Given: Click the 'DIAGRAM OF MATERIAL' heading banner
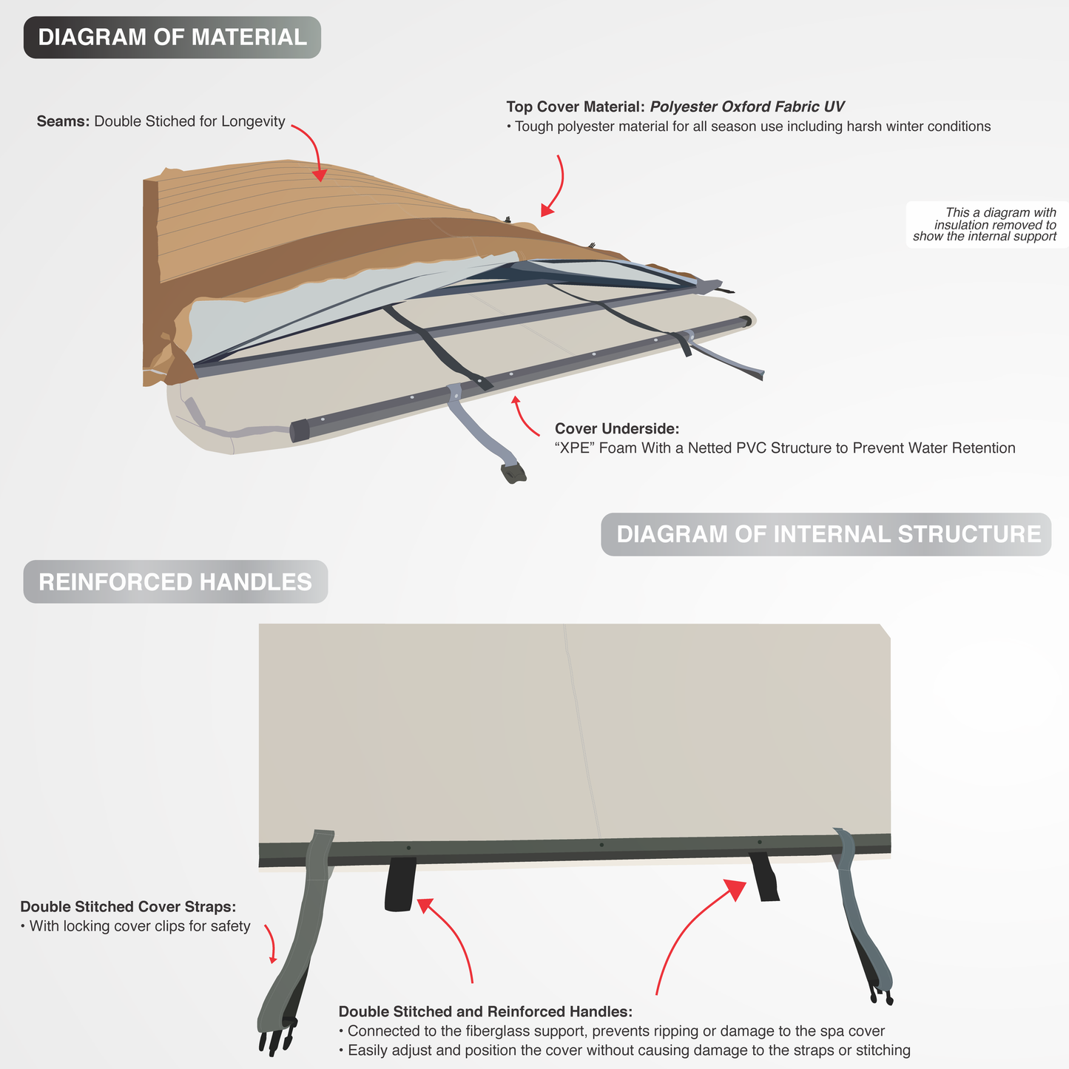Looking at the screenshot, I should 172,38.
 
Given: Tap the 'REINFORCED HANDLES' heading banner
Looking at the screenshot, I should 175,582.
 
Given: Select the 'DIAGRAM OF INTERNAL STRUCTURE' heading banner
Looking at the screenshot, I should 826,534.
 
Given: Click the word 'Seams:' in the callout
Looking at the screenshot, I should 63,121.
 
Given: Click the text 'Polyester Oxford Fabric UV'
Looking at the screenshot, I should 747,107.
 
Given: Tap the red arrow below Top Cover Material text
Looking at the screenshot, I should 556,185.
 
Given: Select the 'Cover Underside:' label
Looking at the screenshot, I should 617,428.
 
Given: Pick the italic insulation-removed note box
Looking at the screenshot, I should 987,225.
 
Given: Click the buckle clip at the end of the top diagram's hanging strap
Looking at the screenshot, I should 513,473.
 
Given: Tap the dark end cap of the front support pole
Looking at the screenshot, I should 300,431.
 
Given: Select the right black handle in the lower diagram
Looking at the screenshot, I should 765,877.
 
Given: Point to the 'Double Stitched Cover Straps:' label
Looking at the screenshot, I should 128,906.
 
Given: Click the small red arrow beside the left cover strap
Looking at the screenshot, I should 271,943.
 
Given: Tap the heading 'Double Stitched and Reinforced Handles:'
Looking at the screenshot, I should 485,1011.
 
